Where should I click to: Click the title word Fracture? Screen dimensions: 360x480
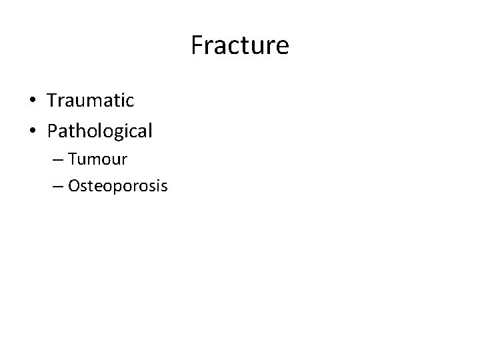(x=239, y=46)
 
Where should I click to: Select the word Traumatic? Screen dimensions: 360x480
(x=91, y=101)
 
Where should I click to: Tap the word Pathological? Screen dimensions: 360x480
(x=100, y=131)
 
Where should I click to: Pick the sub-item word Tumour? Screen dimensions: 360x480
(x=97, y=159)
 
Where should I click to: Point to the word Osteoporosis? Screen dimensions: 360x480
(x=117, y=187)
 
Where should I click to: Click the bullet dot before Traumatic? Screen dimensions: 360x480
(x=32, y=101)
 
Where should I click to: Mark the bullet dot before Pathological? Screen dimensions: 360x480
(x=32, y=131)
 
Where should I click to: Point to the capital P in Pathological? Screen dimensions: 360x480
(x=53, y=130)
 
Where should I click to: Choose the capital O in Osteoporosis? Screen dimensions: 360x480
(x=73, y=186)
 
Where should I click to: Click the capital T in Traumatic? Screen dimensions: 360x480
(x=53, y=101)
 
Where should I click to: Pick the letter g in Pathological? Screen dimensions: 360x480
(x=121, y=133)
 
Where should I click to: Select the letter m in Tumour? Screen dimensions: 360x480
(x=97, y=161)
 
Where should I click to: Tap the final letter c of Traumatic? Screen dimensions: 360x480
(x=130, y=102)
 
